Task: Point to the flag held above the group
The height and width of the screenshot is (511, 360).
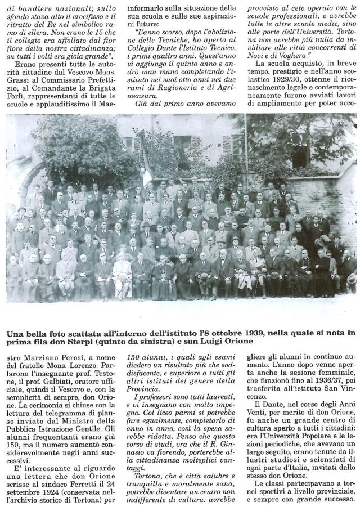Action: coord(146,174)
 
